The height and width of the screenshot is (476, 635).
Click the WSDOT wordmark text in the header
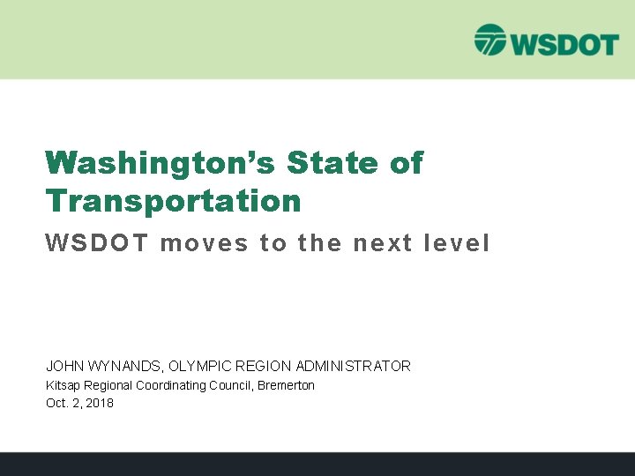pos(561,41)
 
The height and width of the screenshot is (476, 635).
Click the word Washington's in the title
pos(159,163)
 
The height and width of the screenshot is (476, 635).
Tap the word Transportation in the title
pos(173,201)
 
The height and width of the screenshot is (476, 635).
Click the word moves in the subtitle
pos(205,243)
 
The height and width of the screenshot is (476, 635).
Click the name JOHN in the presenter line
pos(63,366)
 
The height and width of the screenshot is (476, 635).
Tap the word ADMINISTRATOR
pos(354,366)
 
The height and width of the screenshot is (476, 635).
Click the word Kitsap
pos(61,385)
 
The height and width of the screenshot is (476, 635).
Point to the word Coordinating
pos(170,385)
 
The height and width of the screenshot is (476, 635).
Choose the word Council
pos(231,385)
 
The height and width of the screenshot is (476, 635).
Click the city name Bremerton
pos(287,385)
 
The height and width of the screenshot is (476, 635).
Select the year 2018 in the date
pos(100,403)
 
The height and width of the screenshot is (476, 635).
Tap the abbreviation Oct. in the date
pos(56,403)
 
